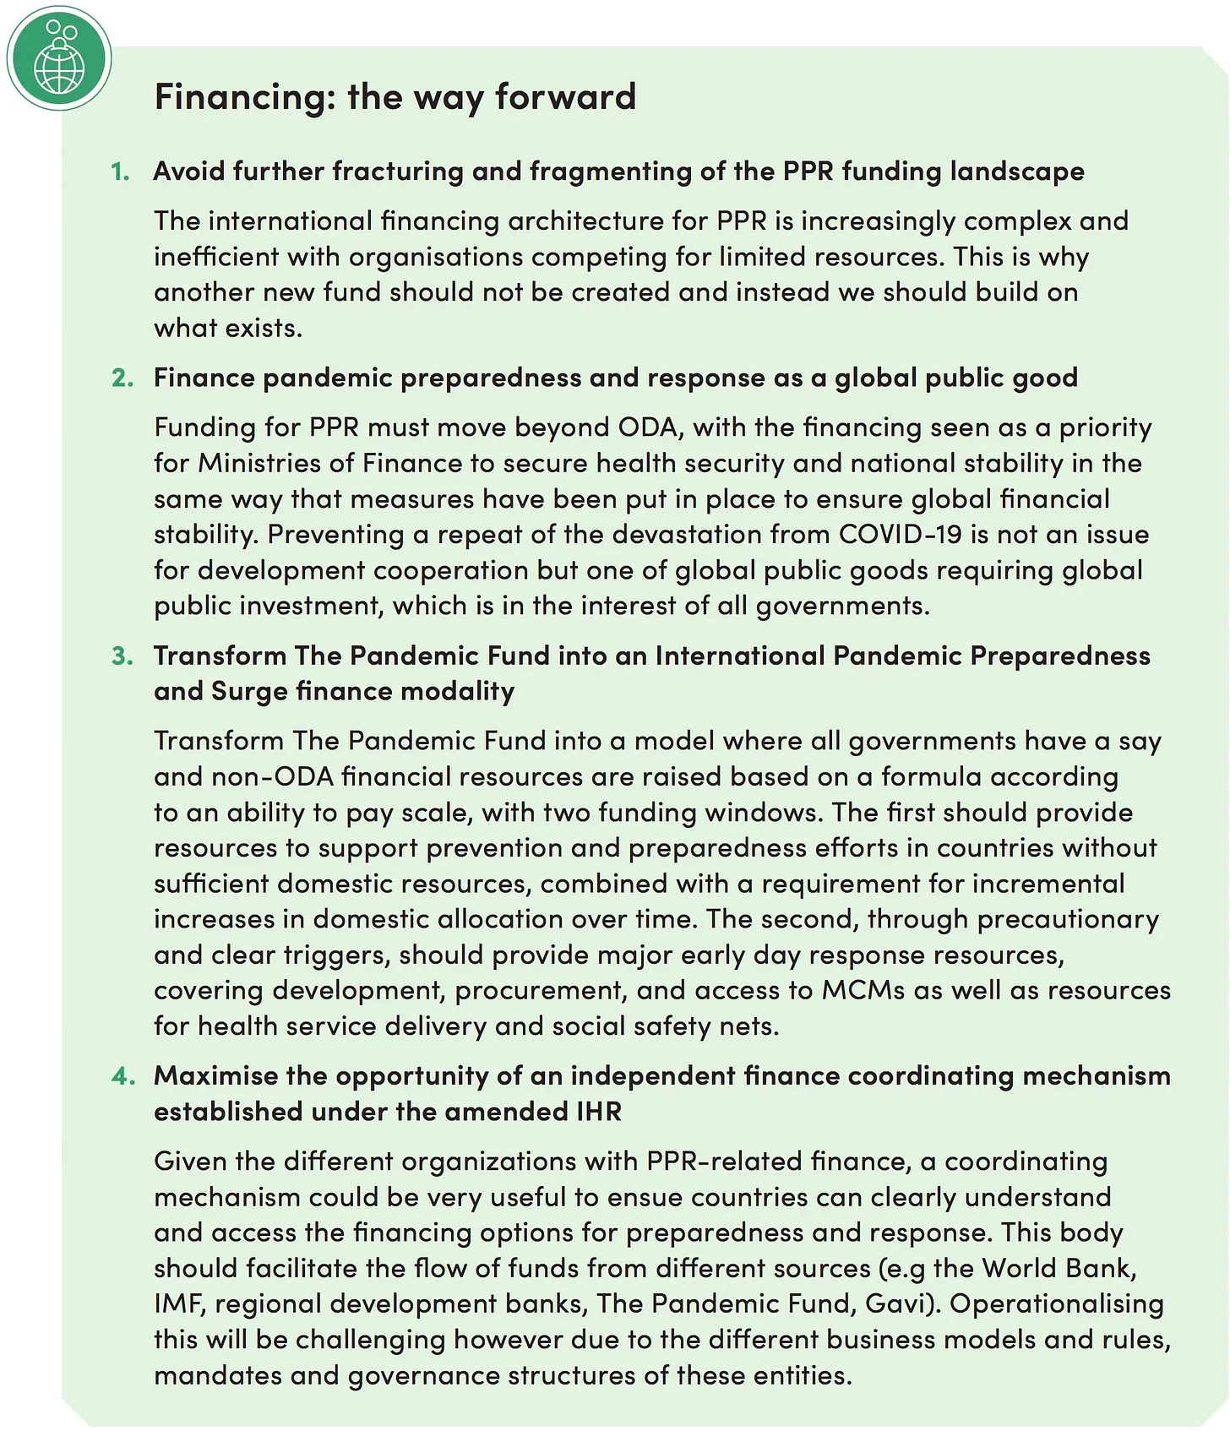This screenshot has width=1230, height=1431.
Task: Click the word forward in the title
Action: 565,96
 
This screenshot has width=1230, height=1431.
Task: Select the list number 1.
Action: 120,171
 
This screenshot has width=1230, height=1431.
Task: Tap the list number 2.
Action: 122,378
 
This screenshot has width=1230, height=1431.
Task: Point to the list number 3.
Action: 122,656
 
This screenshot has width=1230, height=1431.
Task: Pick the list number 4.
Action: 122,1075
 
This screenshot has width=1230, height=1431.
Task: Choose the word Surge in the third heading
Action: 249,691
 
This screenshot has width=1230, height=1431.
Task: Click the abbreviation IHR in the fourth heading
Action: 598,1112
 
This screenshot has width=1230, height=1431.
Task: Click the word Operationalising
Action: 1057,1303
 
